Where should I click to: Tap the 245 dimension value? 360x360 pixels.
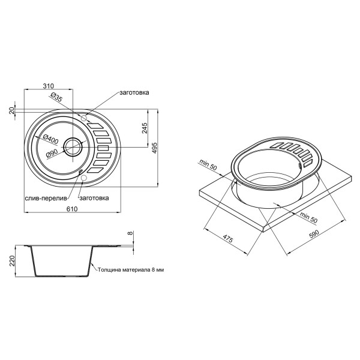point(145,128)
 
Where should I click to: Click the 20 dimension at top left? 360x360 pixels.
point(12,110)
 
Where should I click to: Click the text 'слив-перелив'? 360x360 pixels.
point(44,197)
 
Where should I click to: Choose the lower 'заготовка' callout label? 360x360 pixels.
point(93,197)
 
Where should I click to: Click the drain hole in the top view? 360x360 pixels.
point(74,145)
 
